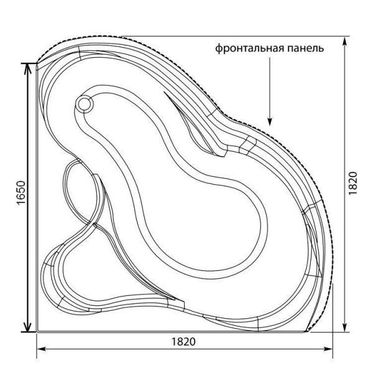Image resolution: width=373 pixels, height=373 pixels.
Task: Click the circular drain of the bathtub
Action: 85,104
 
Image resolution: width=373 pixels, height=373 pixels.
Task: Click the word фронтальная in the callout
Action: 246,48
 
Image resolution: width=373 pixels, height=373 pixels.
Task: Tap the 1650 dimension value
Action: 19,196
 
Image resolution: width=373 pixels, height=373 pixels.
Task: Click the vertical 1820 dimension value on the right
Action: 352,185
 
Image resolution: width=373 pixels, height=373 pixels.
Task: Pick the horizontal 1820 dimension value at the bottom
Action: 184,342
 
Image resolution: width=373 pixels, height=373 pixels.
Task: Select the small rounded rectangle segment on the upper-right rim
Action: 247,145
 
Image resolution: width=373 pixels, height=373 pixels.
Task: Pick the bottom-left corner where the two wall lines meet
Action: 37,331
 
